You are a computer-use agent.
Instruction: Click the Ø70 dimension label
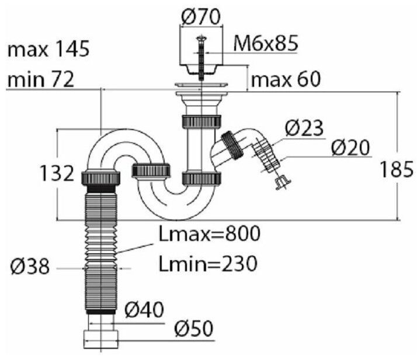coord(201,17)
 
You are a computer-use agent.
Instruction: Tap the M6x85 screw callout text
coord(266,43)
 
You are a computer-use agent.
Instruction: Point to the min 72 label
coord(41,79)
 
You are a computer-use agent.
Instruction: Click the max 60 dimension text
coord(286,79)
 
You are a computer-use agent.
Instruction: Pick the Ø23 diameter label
coord(304,128)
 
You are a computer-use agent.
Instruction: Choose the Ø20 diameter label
coord(351,148)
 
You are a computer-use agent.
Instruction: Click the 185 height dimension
coord(397,169)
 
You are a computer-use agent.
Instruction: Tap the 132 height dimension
coord(57,173)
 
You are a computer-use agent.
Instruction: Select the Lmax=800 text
coord(210,234)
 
